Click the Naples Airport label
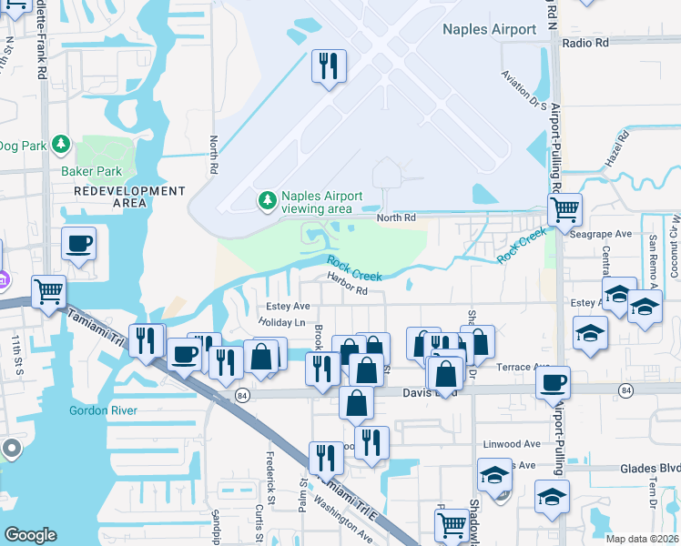pos(489,29)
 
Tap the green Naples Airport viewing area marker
pos(267,199)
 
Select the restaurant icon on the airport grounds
pos(328,66)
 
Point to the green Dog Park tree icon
pos(61,144)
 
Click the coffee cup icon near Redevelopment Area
pos(77,244)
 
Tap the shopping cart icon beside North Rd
pos(564,210)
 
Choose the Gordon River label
pos(103,410)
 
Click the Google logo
pos(30,535)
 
